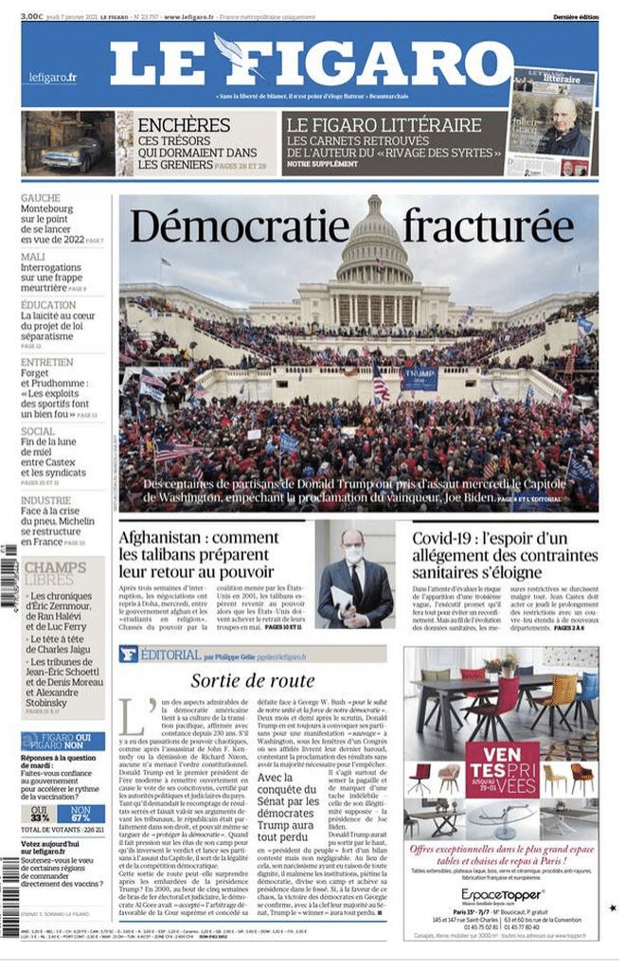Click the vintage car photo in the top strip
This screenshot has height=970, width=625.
tap(67, 144)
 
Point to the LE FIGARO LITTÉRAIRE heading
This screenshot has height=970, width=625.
tap(384, 124)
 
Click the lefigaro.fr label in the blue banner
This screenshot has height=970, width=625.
tap(52, 77)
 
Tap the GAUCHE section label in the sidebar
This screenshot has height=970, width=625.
tap(41, 198)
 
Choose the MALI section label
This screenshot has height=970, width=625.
tap(33, 257)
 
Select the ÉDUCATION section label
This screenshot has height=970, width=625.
tap(48, 305)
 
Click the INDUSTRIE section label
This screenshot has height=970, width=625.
tap(45, 500)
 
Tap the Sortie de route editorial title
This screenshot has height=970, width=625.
tap(253, 680)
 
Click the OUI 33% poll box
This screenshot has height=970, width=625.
tap(39, 814)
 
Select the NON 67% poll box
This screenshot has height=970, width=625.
tap(80, 814)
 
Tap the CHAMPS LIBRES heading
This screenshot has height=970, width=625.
tap(55, 573)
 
